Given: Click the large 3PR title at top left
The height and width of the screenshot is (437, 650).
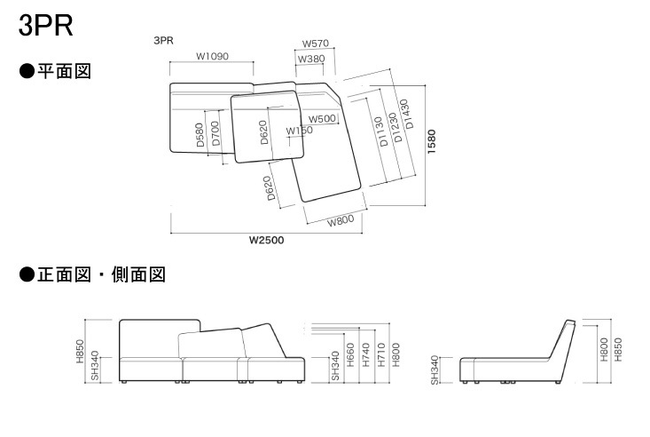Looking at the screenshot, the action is coord(45,25).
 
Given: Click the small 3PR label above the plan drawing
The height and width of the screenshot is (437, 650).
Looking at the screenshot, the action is coord(163,41).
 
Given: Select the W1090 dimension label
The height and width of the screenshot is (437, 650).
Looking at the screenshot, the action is coord(212,56).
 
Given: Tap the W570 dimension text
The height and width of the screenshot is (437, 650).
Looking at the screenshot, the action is coord(315,44).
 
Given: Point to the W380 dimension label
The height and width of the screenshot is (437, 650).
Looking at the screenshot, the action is coord(311,59).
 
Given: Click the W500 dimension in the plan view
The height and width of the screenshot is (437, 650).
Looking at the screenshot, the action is coord(322,119).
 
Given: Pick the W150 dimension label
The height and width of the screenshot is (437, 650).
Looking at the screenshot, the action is coord(300,131).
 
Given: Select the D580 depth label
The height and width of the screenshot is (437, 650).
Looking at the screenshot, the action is coord(200,135).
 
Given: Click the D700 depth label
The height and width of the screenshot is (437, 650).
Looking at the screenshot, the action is coord(215,133).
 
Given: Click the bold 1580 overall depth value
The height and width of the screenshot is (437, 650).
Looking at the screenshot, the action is coord(432,141).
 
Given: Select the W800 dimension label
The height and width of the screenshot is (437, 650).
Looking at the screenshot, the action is coord(341,220).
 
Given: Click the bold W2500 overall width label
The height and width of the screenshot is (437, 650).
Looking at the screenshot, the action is coord(266,240).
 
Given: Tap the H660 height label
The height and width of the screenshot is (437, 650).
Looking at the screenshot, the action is coord(350,354).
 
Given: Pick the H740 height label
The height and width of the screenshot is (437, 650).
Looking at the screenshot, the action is coord(365,354).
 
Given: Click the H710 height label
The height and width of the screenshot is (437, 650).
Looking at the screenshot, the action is coord(381,354).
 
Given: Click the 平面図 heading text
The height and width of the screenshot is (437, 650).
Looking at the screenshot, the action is coord(64,71).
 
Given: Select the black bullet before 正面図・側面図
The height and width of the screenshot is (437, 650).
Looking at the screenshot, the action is coord(27,274).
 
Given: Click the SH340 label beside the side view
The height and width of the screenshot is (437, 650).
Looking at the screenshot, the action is coord(434,370).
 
